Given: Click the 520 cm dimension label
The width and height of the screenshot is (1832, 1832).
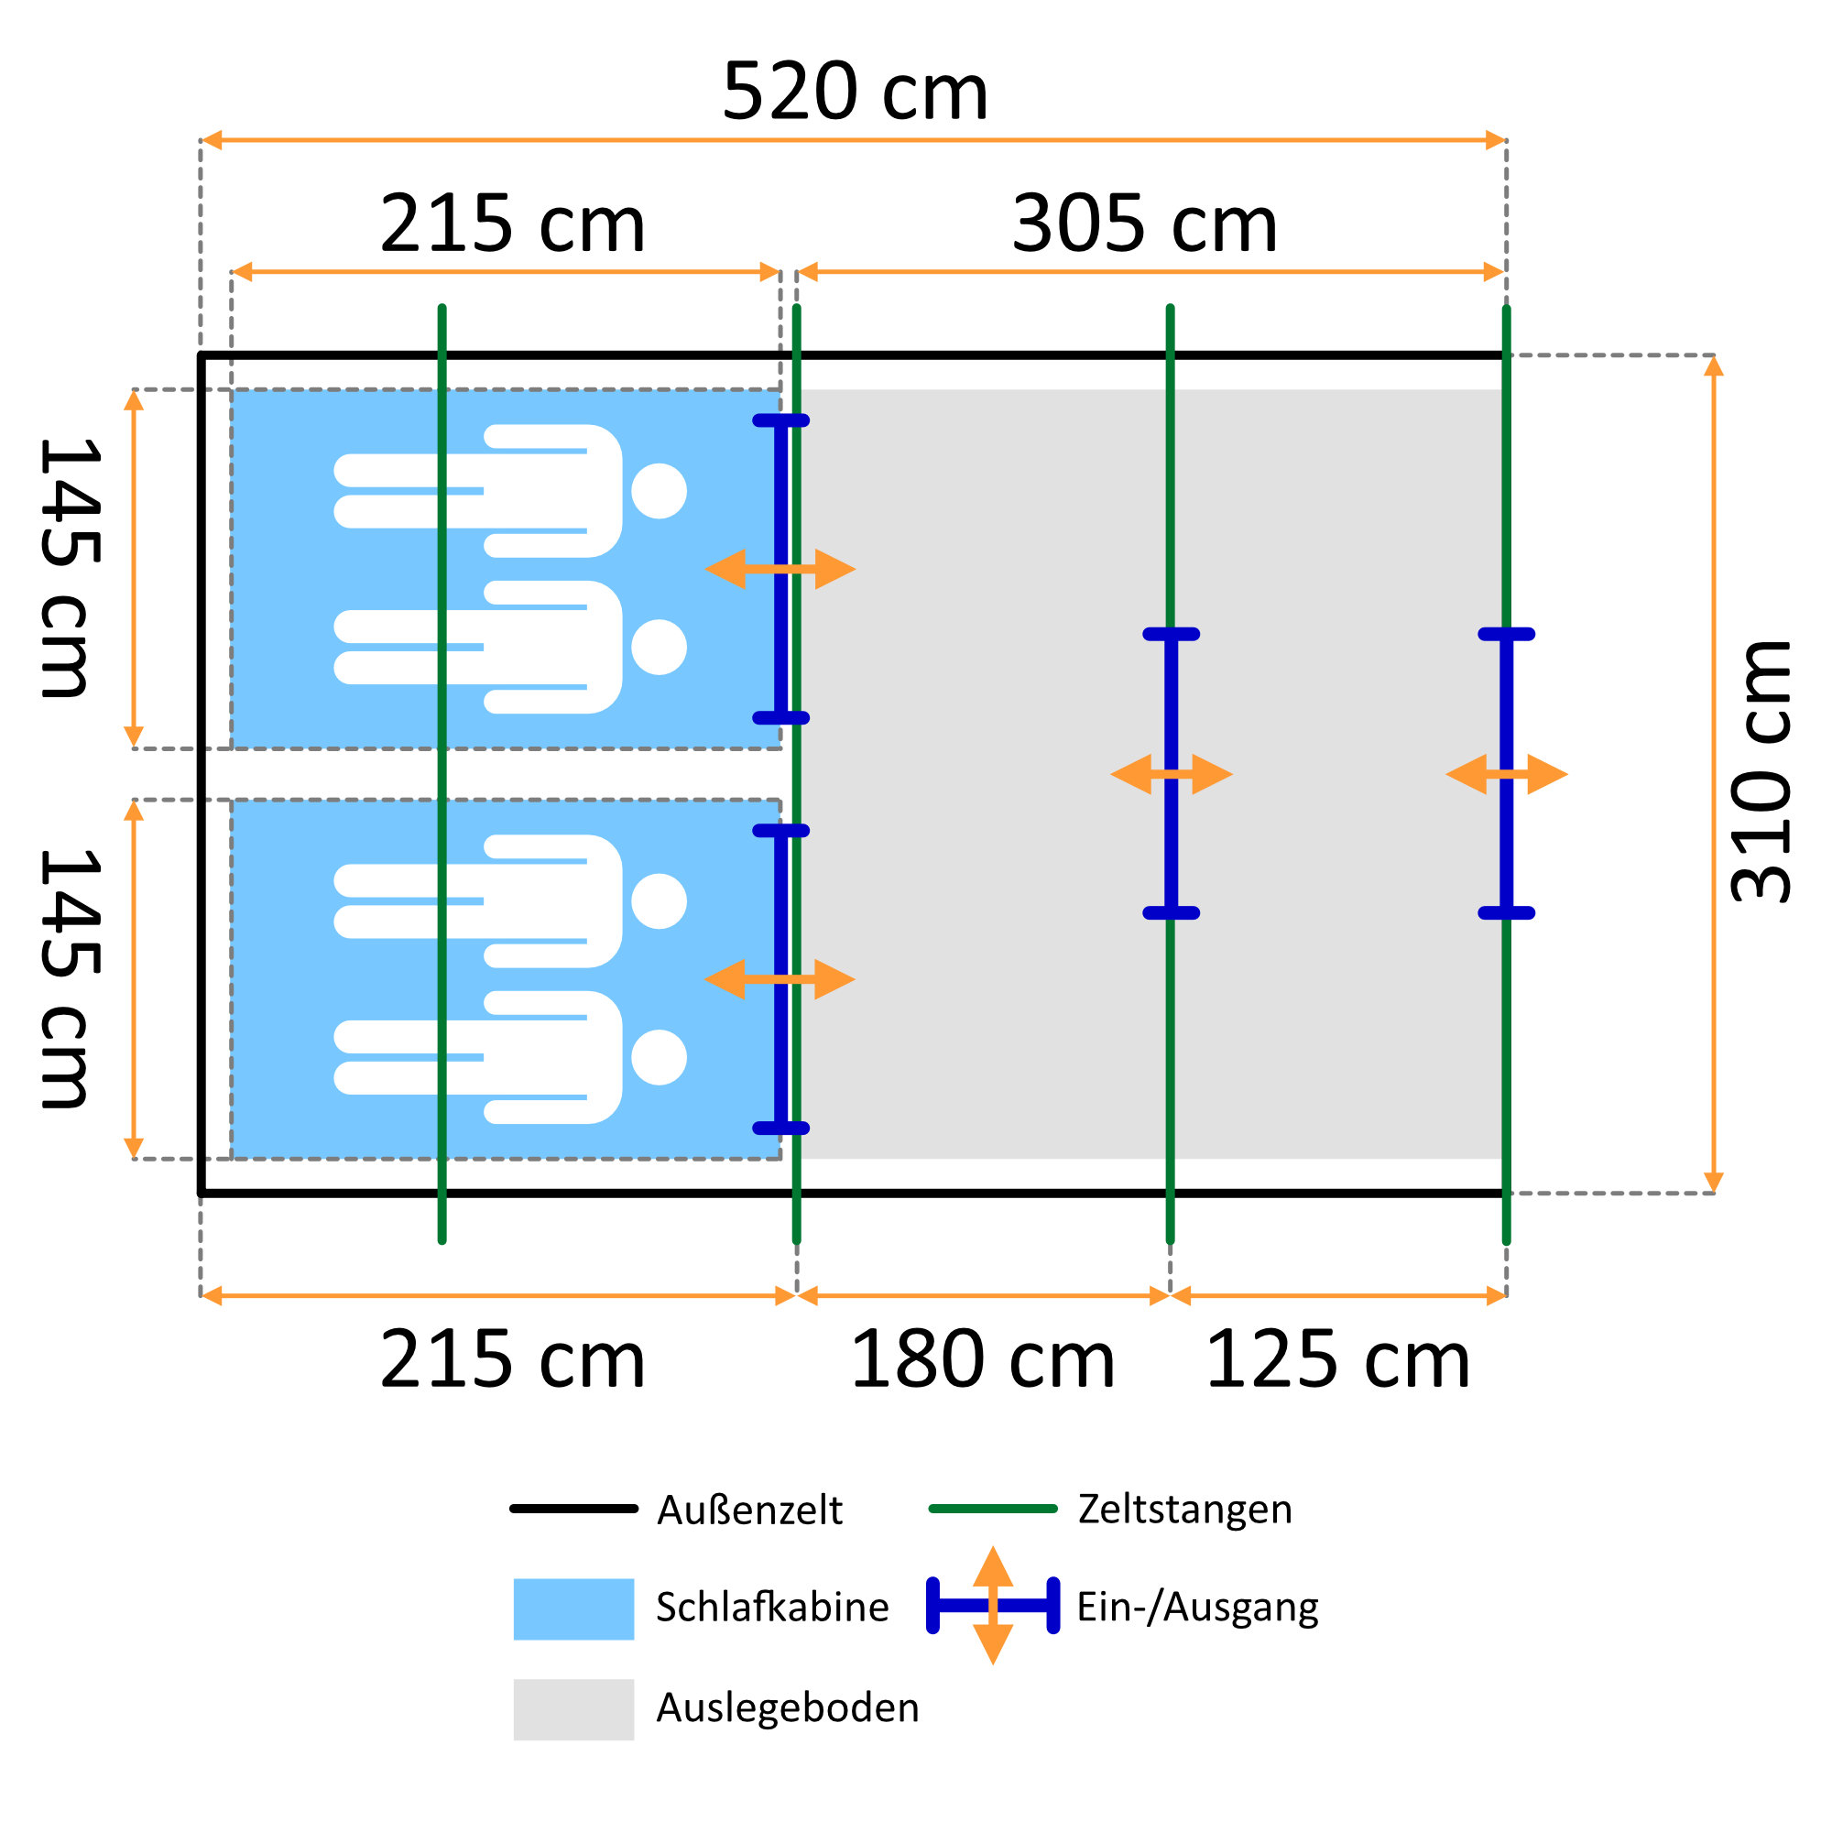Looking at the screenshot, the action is point(855,92).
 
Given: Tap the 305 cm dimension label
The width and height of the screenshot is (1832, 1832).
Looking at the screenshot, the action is point(1144,224).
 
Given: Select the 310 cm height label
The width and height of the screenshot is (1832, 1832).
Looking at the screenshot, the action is point(1761,772).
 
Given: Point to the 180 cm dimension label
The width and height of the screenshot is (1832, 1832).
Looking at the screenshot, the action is point(982,1359).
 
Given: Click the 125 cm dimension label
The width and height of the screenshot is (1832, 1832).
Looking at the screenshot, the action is point(1337,1359).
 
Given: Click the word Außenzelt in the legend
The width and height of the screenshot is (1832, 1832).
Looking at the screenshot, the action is point(749,1510).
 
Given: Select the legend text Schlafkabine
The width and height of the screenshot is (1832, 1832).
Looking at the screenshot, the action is point(772,1608).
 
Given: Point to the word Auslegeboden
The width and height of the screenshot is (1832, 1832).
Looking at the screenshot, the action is point(787,1707).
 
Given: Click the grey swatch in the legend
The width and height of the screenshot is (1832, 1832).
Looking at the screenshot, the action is point(573,1709).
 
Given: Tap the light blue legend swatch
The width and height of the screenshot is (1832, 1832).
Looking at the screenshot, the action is point(573,1609).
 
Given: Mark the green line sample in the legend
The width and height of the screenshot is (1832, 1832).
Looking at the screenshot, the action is point(993,1509).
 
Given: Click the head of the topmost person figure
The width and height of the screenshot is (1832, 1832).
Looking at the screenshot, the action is point(659,491).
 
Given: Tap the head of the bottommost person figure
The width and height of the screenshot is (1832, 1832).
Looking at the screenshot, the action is point(659,1057).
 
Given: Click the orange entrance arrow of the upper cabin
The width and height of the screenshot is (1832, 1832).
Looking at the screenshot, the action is point(780,569).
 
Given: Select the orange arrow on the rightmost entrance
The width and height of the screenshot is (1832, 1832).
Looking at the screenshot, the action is point(1507,775).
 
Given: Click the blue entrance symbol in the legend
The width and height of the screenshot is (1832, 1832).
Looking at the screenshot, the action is point(993,1606).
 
